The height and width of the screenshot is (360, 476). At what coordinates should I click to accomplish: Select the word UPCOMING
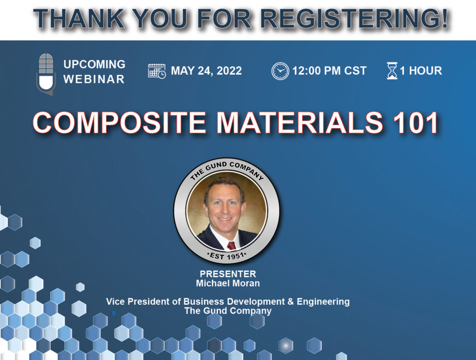(x=94, y=64)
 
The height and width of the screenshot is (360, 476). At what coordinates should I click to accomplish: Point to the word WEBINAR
(x=94, y=79)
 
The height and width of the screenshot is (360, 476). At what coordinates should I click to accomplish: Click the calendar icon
(x=157, y=71)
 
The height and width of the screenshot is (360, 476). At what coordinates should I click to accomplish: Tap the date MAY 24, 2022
(x=206, y=71)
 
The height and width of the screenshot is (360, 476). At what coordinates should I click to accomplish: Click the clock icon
(x=280, y=71)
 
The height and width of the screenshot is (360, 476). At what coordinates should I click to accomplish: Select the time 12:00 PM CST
(x=330, y=71)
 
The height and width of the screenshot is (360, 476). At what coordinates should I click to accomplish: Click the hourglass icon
(x=392, y=71)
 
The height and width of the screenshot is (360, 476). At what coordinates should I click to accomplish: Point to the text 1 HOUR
(x=421, y=71)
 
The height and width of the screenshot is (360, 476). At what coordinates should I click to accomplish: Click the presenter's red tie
(x=231, y=246)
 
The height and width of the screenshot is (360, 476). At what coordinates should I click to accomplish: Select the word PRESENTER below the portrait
(x=228, y=274)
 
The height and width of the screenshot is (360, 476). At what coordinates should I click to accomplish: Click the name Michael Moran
(x=228, y=283)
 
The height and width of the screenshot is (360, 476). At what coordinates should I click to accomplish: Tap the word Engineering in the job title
(x=323, y=302)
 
